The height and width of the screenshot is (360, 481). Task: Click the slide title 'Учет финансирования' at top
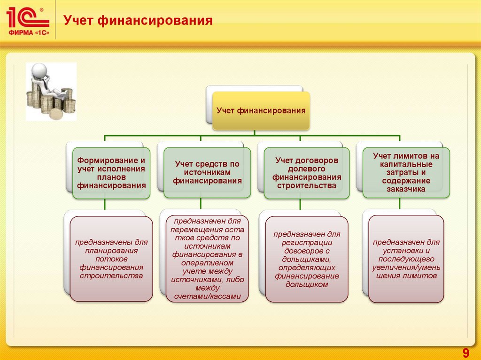pos(138,21)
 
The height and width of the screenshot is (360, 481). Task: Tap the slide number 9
pos(466,352)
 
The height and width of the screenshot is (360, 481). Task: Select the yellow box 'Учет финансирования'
pos(261,111)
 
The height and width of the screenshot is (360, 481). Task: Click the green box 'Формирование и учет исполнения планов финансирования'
pos(111,173)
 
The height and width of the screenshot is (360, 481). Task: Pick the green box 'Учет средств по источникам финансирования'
pos(207,172)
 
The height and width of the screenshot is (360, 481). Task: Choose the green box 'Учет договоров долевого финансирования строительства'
pos(307,173)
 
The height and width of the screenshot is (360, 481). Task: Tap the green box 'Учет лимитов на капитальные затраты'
pos(406,172)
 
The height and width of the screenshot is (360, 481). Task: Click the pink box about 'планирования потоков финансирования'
pos(111,259)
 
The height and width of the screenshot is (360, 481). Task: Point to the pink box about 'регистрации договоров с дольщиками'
pos(307,259)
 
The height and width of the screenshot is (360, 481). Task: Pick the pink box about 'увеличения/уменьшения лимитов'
pos(406,259)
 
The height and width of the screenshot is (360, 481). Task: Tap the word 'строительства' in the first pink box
pos(111,276)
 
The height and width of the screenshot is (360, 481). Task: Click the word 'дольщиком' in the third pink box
pos(307,284)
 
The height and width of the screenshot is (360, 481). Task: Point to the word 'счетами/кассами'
pos(207,297)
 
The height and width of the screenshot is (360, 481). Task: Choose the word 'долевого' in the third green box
pos(307,169)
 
